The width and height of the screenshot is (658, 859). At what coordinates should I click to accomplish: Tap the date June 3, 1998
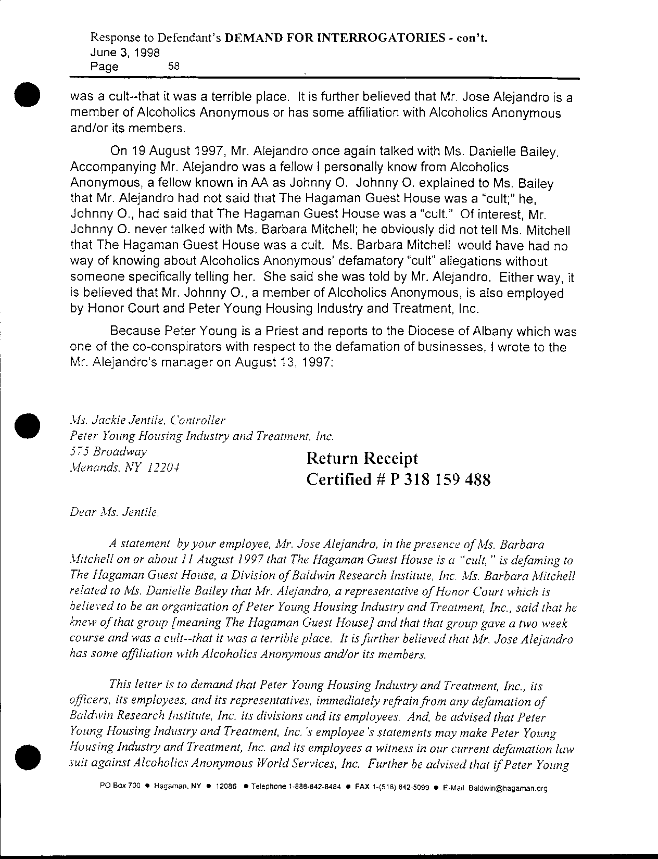click(x=125, y=52)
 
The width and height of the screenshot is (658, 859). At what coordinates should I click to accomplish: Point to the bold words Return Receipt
click(x=362, y=459)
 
